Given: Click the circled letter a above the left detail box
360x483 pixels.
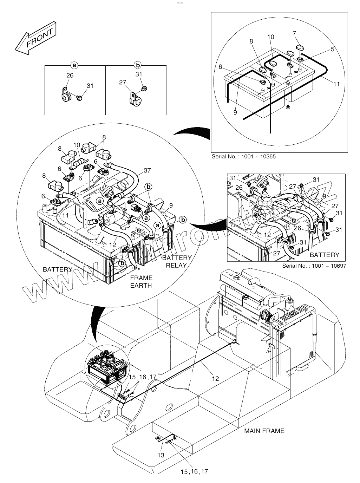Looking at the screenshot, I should tap(74, 65).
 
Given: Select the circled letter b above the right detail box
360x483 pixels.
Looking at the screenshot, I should tap(138, 65).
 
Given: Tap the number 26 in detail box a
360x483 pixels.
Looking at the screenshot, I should tap(70, 76).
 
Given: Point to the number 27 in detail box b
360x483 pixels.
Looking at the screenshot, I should tap(123, 82).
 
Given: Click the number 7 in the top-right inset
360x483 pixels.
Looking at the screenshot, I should tap(295, 33).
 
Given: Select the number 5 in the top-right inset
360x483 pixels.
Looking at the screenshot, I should tap(332, 49).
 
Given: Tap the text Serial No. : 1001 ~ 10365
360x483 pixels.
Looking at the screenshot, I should tap(243, 156).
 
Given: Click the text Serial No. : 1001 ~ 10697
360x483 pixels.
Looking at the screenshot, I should tap(314, 266).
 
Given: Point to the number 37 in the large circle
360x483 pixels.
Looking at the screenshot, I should tap(147, 170).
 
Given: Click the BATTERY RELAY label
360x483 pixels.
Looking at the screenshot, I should tap(177, 261).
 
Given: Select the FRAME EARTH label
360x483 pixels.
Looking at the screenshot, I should tap(141, 281).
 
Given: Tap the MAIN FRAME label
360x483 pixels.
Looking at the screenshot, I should tap(264, 431).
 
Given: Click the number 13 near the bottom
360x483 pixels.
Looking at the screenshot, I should tap(161, 455).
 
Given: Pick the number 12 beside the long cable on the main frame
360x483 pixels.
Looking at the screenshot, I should tap(215, 378).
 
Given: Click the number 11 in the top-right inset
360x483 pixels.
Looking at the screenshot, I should tap(336, 84).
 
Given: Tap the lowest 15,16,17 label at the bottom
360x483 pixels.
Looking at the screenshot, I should tap(195, 471).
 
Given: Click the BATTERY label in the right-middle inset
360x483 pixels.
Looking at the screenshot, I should tap(324, 255).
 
